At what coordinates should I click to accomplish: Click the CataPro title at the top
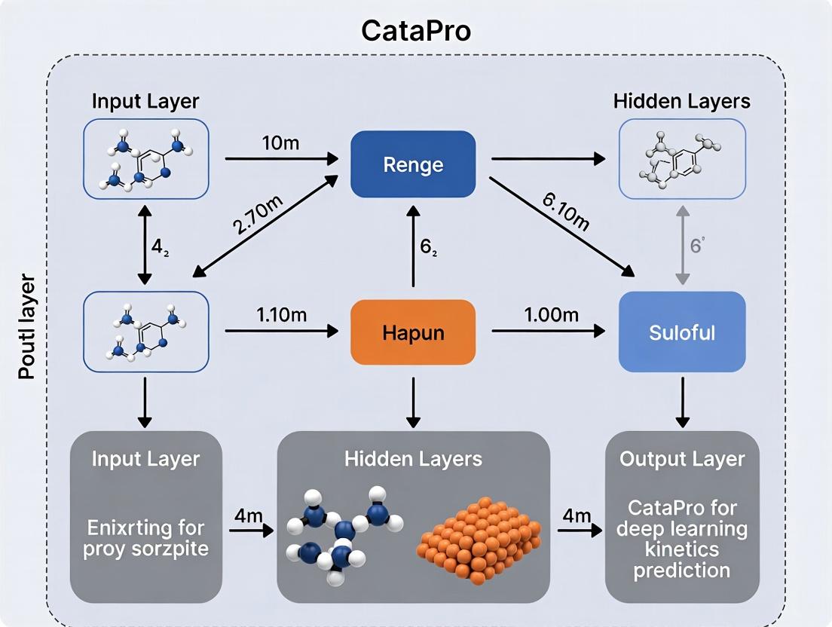coord(415,30)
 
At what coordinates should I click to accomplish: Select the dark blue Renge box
coord(413,164)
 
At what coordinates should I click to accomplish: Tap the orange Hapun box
coord(413,332)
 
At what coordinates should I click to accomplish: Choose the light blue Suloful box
coord(682,332)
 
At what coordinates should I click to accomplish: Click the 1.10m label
coord(281,315)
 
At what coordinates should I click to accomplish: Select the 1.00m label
coord(552,315)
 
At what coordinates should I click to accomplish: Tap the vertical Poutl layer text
coord(26,328)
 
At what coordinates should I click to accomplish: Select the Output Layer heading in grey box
coord(682,459)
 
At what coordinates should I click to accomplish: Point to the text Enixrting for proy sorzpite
coord(145,537)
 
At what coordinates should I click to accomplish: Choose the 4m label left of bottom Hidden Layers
coord(248,517)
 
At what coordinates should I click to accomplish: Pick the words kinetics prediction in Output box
coord(682,559)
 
